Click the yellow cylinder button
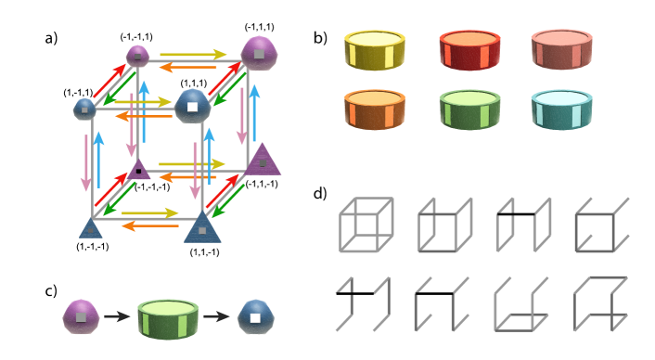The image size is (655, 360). tap(375, 49)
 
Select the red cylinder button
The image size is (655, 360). tap(469, 49)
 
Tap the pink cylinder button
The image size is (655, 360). tap(561, 49)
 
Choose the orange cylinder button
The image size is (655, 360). tap(374, 109)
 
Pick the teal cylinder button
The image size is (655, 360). tap(561, 109)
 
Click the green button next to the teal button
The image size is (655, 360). tap(469, 109)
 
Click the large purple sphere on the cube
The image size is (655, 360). tap(259, 54)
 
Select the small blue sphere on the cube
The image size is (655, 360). tap(84, 109)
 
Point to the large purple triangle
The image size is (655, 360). tap(263, 161)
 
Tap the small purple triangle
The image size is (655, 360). tap(139, 169)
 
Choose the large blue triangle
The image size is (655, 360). tap(202, 226)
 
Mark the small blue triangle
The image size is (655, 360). tap(91, 228)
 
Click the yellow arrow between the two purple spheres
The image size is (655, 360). tap(192, 55)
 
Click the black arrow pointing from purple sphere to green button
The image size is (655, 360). tap(117, 317)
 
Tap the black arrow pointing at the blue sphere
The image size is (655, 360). tap(216, 317)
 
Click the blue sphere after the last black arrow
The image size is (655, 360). tap(255, 317)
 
